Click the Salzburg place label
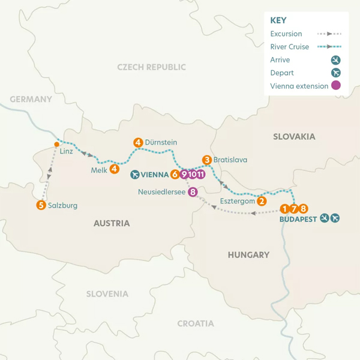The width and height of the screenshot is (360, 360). pos(63,205)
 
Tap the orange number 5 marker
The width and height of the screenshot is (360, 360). pos(41,205)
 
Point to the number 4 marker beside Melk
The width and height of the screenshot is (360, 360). pos(114,169)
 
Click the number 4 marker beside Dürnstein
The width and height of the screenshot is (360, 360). pos(138,142)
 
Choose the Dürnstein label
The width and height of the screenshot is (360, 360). pos(161,142)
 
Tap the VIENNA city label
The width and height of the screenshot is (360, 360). pos(155,175)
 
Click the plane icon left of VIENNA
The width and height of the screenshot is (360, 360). pos(134,175)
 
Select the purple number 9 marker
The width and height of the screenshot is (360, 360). pos(183,175)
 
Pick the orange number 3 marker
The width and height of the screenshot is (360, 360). pos(206,160)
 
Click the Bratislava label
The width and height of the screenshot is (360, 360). pos(230,160)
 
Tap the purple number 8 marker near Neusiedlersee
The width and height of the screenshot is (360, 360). pos(193,192)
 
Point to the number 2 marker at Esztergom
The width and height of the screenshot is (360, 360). pos(262,201)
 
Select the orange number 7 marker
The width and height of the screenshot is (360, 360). pos(293,209)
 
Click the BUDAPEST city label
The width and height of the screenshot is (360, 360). pos(298,220)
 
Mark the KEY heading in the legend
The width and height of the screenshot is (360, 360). pos(279,20)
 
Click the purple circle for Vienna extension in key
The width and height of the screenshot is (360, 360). pos(336,86)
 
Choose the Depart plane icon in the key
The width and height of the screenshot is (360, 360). pos(336,73)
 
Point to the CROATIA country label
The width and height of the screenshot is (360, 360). pos(195,323)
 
